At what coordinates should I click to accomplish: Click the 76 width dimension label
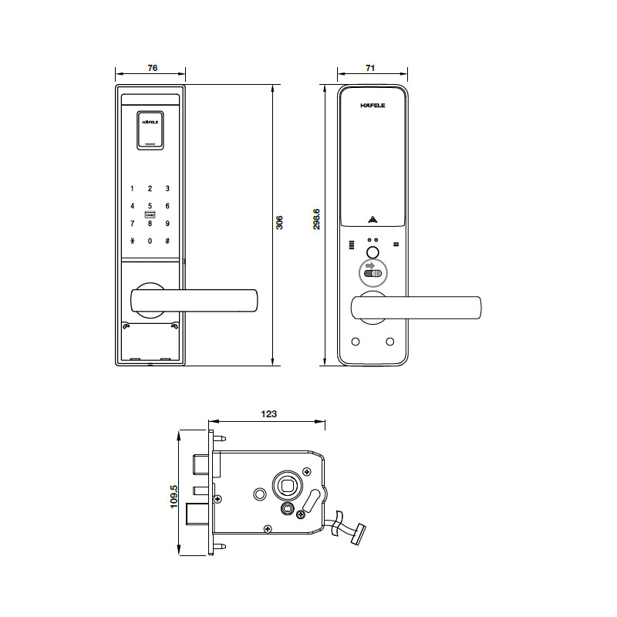coord(152,69)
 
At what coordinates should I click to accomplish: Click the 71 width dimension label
coord(370,69)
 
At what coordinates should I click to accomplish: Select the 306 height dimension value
coord(280,222)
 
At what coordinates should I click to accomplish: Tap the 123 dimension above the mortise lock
coord(268,413)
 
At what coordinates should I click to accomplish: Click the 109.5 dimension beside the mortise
coord(174,497)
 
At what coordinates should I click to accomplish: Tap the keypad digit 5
coord(150,206)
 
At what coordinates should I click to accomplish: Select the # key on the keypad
coord(167,241)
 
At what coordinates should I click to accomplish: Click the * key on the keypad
coord(132,241)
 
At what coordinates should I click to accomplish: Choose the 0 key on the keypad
coord(150,241)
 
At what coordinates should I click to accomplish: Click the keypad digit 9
coord(167,223)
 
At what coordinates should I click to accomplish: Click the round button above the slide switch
coord(373,254)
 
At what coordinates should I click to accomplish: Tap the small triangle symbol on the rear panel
coord(373,218)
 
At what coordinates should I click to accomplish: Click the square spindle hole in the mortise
coord(286,486)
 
